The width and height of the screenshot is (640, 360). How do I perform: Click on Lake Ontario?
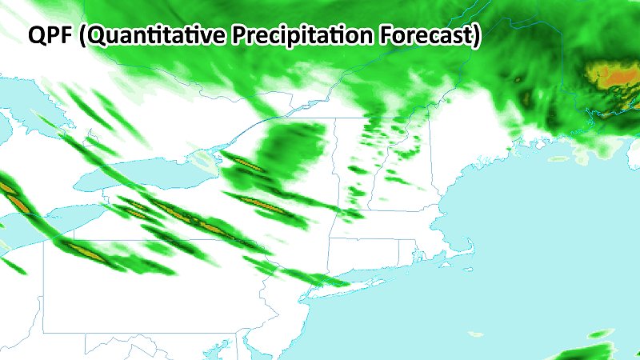(152, 181)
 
